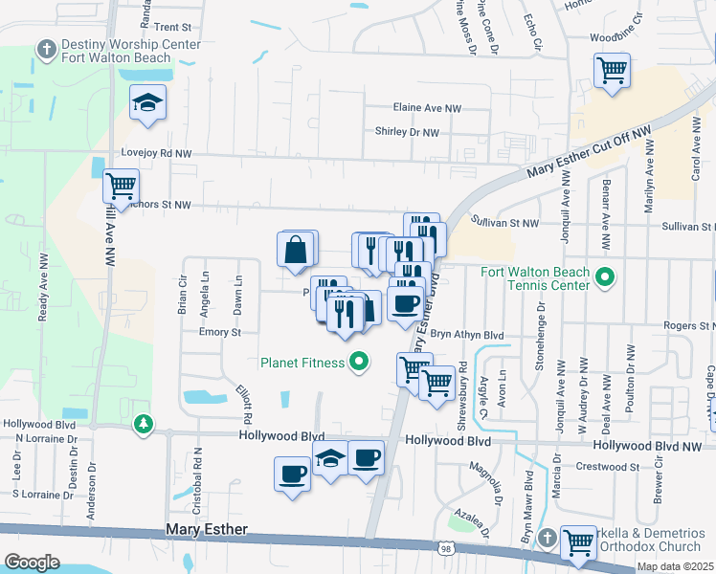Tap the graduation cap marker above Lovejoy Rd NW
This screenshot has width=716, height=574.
click(148, 102)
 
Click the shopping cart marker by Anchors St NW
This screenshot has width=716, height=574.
click(121, 187)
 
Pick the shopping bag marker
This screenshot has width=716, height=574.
click(297, 250)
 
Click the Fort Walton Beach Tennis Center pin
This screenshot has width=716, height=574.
click(604, 278)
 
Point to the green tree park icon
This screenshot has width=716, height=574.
click(144, 423)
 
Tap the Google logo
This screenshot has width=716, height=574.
click(32, 562)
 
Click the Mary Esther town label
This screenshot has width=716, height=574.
click(207, 529)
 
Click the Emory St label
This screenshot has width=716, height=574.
click(219, 332)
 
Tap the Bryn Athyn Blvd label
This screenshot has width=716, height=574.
click(466, 335)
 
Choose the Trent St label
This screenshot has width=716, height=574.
click(172, 28)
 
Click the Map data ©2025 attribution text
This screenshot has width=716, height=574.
click(674, 566)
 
